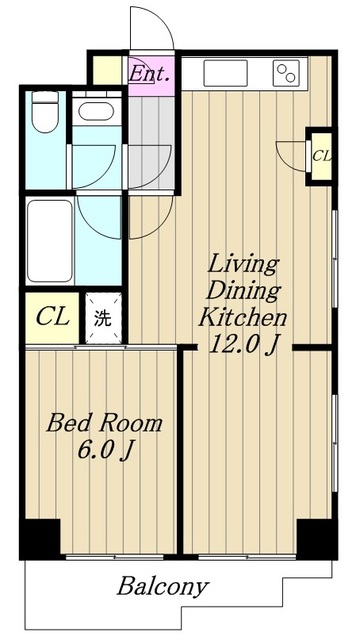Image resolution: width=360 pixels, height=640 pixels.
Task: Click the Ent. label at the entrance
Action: tap(149, 74)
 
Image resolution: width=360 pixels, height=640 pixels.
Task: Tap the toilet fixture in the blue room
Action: tap(45, 111)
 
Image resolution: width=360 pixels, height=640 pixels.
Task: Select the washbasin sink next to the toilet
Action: tap(96, 111)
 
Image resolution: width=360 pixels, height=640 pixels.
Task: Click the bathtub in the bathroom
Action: tap(50, 241)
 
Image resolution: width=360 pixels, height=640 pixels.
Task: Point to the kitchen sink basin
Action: tap(225, 73)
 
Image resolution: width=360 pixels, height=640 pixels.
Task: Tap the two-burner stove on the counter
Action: tap(287, 73)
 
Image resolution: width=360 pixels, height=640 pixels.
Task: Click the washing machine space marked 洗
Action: tap(103, 318)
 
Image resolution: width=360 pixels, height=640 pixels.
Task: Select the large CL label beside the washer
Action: tap(52, 317)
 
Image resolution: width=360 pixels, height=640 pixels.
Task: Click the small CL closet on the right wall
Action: tap(321, 156)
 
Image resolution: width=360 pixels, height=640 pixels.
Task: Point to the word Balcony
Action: tap(163, 587)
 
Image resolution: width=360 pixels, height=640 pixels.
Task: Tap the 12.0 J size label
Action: tap(244, 345)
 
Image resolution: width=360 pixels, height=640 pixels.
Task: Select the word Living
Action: tap(243, 265)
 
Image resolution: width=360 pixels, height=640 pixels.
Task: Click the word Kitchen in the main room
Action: tap(243, 318)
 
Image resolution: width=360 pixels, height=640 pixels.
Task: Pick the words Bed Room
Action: tap(104, 423)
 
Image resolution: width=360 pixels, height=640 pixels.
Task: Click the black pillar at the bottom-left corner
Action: tap(40, 539)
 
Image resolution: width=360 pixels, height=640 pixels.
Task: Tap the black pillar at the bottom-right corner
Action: tap(317, 539)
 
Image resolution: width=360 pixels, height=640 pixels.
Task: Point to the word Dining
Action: tap(244, 291)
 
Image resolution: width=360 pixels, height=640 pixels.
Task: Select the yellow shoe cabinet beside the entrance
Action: tap(107, 70)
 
